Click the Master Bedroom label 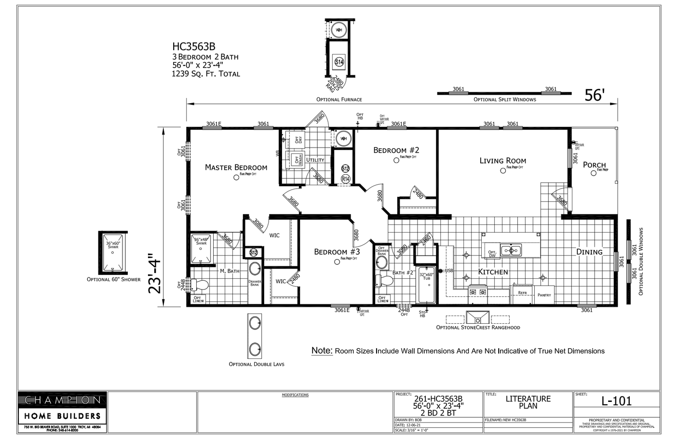pyautogui.click(x=236, y=167)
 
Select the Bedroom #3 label pyautogui.click(x=337, y=252)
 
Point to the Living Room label pyautogui.click(x=502, y=161)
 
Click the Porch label pyautogui.click(x=594, y=165)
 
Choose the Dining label pyautogui.click(x=589, y=252)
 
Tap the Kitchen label pyautogui.click(x=493, y=272)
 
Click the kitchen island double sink pyautogui.click(x=510, y=250)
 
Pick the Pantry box pyautogui.click(x=544, y=294)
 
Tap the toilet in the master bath pyautogui.click(x=200, y=285)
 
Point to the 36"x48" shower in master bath pyautogui.click(x=201, y=249)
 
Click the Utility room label pyautogui.click(x=315, y=160)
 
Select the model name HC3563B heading pyautogui.click(x=194, y=47)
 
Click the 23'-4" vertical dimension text pyautogui.click(x=155, y=274)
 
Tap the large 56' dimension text pyautogui.click(x=594, y=96)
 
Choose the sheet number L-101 pyautogui.click(x=616, y=401)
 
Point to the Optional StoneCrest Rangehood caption pyautogui.click(x=478, y=328)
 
